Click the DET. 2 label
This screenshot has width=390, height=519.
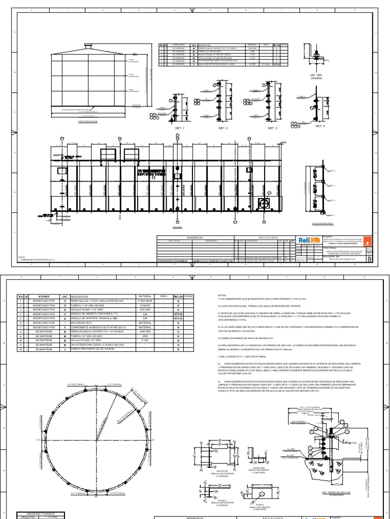[222, 128]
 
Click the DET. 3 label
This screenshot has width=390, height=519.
[273, 128]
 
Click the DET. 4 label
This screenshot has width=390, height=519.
[320, 125]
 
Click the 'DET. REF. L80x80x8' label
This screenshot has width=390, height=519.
[317, 77]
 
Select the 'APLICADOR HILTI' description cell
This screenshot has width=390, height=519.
[81, 322]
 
